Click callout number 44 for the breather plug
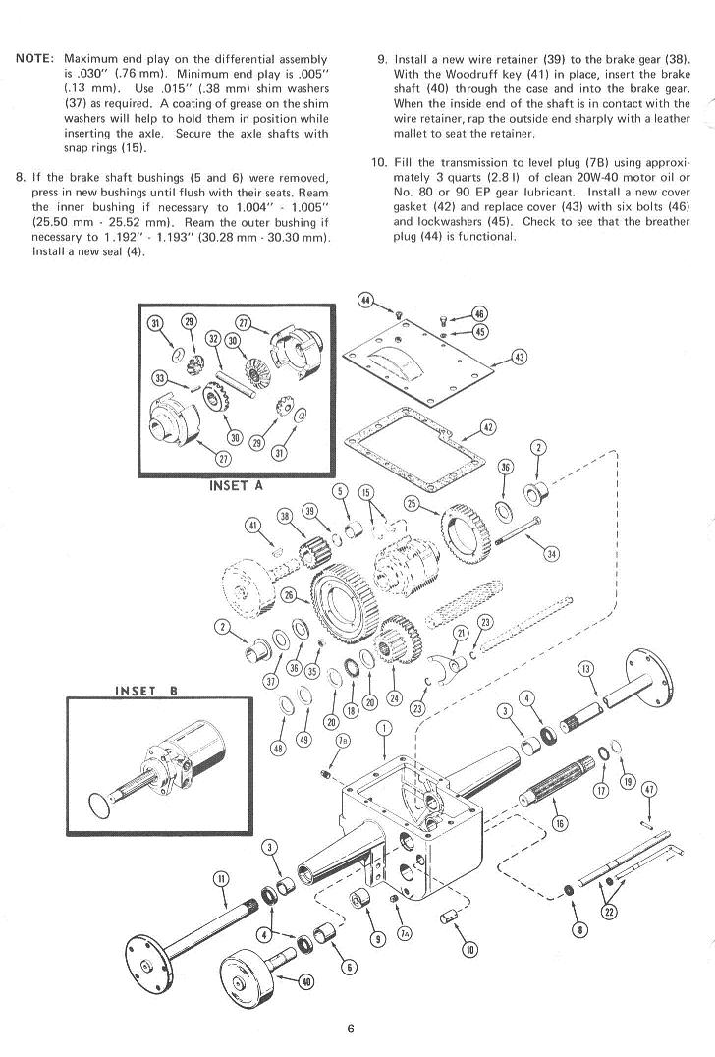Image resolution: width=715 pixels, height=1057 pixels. point(365,300)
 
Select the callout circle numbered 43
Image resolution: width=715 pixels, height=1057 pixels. point(519,357)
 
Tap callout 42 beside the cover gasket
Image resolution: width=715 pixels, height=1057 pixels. point(488,427)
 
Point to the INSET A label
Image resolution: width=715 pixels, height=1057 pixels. point(236,485)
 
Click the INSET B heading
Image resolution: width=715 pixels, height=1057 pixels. point(146,691)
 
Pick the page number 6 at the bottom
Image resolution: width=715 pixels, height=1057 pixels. point(351,1029)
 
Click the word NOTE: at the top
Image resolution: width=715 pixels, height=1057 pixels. point(35,59)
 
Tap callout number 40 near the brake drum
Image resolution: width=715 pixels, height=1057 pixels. point(306,981)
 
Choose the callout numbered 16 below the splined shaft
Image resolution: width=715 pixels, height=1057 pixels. point(560,822)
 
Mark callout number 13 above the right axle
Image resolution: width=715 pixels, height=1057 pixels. point(586,669)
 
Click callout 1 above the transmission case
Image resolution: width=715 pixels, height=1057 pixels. point(384,727)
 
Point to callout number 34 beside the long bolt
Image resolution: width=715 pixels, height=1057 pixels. point(552,554)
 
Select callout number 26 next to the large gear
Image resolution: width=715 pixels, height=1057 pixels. point(289,594)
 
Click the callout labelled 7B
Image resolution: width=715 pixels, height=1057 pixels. point(343,740)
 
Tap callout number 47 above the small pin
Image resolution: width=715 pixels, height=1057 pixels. point(649,789)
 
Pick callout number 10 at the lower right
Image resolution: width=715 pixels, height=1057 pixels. point(469,950)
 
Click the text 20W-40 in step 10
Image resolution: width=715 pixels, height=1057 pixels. point(595,177)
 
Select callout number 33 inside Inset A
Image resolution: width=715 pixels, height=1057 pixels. point(160,378)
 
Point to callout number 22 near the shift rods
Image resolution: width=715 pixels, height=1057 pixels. point(609,912)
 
